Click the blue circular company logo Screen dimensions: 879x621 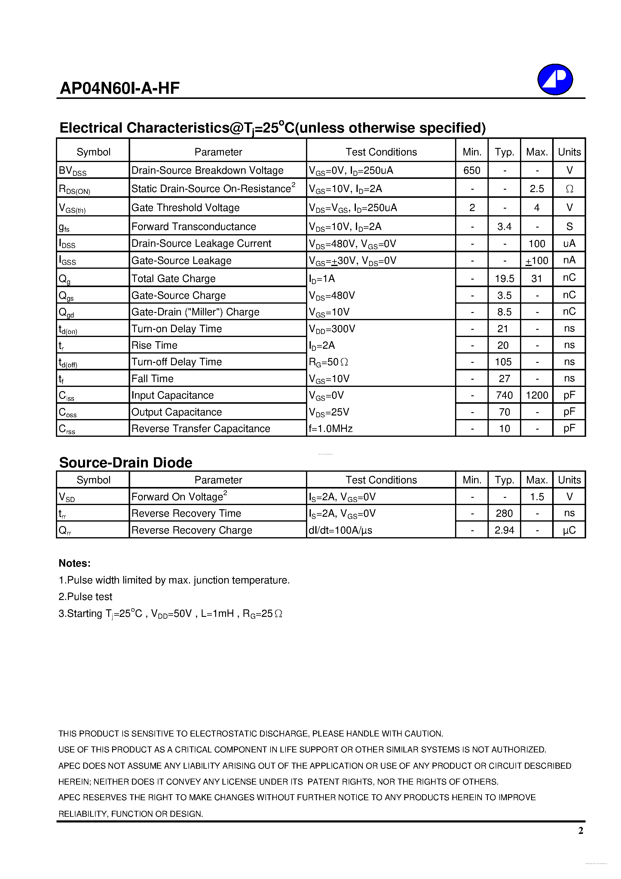(x=555, y=80)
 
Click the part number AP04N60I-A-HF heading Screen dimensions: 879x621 (x=119, y=88)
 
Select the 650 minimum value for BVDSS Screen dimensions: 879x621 (x=471, y=170)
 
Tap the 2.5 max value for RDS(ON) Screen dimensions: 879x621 (x=537, y=189)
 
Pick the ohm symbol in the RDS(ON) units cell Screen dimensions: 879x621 (x=569, y=189)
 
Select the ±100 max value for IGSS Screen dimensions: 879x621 (x=537, y=261)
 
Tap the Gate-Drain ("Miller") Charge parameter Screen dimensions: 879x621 (x=195, y=312)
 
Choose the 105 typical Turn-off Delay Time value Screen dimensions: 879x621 (x=503, y=362)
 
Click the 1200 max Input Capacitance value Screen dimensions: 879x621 (x=537, y=395)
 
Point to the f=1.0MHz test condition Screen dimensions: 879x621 (x=330, y=428)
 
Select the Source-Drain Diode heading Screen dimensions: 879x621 (x=126, y=462)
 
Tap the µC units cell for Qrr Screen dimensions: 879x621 (x=569, y=530)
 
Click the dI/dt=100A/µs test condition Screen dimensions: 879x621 (x=340, y=530)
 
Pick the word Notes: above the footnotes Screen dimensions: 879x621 (x=75, y=563)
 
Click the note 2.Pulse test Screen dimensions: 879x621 (x=85, y=596)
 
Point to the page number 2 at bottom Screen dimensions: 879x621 (x=580, y=830)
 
